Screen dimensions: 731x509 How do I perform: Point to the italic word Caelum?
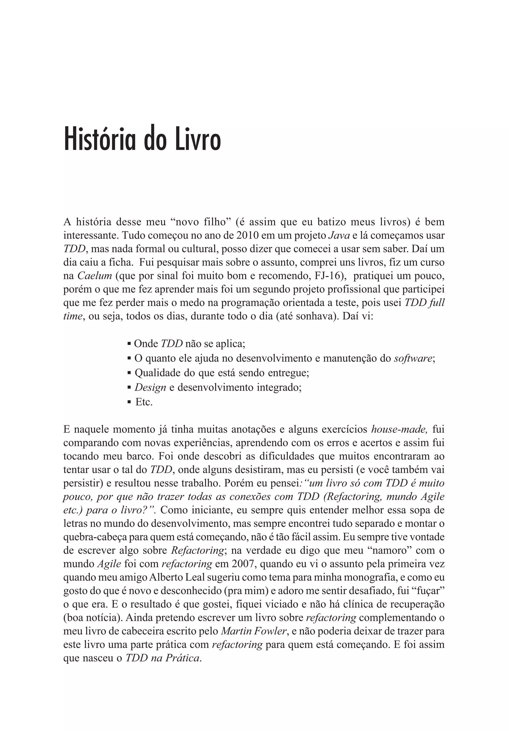(95, 276)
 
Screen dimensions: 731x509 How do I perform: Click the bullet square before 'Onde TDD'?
(129, 344)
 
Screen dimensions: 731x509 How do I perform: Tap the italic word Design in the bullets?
(150, 387)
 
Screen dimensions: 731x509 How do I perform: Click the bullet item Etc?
(144, 402)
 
